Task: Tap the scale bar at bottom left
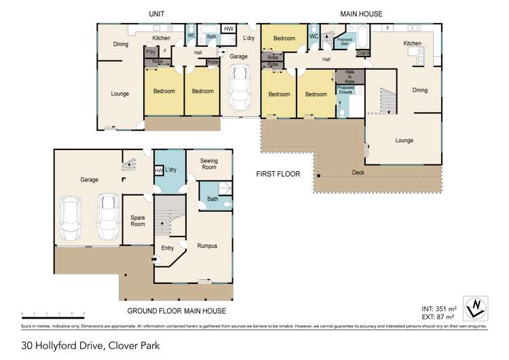pos(52,313)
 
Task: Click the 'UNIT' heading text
pos(158,14)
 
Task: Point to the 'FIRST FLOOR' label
pos(278,175)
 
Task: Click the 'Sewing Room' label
pos(208,164)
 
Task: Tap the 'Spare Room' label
pos(138,221)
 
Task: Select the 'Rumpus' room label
pos(207,245)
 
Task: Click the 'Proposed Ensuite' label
pos(345,90)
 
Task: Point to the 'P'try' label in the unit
pos(149,51)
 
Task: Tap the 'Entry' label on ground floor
pos(167,249)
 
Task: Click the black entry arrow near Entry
pos(154,259)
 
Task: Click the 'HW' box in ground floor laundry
pos(159,170)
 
